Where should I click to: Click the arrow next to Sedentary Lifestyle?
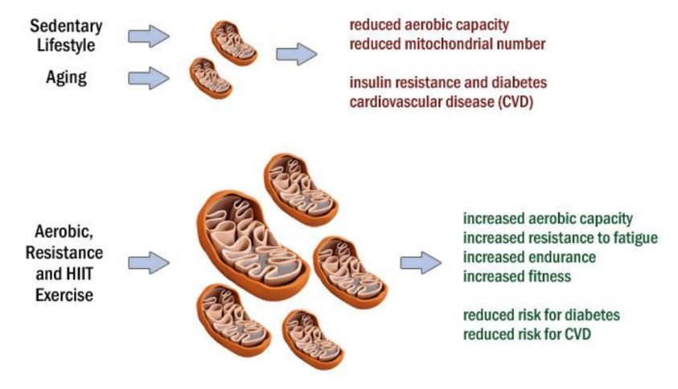coord(148,36)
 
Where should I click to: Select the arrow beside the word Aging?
coord(148,78)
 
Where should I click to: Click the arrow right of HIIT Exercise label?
coord(148,263)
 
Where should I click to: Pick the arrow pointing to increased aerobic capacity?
coord(421,263)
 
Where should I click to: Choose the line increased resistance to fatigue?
coord(560,238)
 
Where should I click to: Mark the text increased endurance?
coord(528,257)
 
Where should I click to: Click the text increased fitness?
coord(517,276)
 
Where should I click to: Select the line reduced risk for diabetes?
coord(540,315)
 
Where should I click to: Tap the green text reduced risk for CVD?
coord(527,333)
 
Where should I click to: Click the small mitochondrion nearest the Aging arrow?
coord(210,77)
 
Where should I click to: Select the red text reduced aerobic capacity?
coord(429,24)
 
